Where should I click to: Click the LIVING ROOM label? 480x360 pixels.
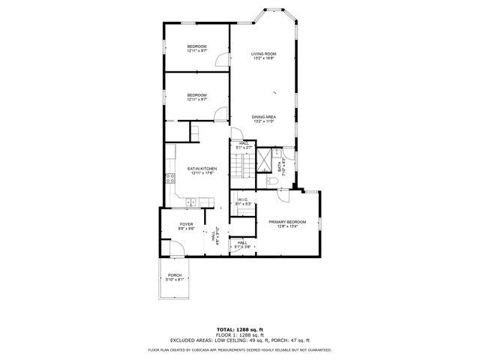click(263, 54)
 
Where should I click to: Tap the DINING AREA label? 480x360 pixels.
click(263, 116)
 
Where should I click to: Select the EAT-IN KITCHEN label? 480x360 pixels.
click(202, 169)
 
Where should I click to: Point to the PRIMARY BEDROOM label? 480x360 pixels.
click(287, 222)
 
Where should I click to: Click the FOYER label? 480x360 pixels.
click(186, 225)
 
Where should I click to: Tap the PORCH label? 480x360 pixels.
click(175, 275)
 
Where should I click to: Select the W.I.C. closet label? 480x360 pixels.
click(242, 199)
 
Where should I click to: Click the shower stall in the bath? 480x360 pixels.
click(265, 160)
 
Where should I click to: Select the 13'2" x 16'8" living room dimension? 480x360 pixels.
click(263, 58)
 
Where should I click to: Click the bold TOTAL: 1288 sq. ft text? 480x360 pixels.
click(240, 329)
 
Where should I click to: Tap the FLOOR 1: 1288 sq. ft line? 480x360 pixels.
click(240, 334)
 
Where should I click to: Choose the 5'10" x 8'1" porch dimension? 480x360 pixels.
click(175, 280)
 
